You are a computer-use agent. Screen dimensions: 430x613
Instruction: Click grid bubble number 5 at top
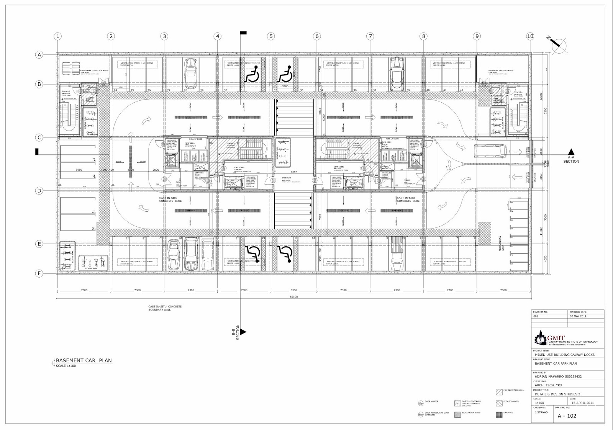click(x=271, y=36)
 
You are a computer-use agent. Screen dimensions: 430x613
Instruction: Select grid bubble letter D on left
click(x=39, y=191)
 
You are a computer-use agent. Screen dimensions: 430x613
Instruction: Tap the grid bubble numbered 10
click(x=530, y=36)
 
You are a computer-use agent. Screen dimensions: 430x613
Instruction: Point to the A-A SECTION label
click(x=571, y=159)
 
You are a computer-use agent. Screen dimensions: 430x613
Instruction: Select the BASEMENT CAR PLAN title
click(x=84, y=361)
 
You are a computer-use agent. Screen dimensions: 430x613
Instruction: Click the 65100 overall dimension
click(x=294, y=297)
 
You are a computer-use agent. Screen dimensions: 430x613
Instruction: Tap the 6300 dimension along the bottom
click(x=294, y=290)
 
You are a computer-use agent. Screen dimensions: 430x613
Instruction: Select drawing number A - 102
click(x=567, y=415)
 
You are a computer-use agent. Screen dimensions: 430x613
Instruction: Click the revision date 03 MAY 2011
click(x=579, y=317)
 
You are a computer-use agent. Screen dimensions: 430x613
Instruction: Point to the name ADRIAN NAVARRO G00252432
click(x=558, y=376)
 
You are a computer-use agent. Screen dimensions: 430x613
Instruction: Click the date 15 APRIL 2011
click(x=582, y=403)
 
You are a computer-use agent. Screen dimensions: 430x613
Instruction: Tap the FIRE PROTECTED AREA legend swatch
click(x=499, y=392)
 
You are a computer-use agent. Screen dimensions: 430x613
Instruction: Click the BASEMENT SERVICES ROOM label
click(x=501, y=71)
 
